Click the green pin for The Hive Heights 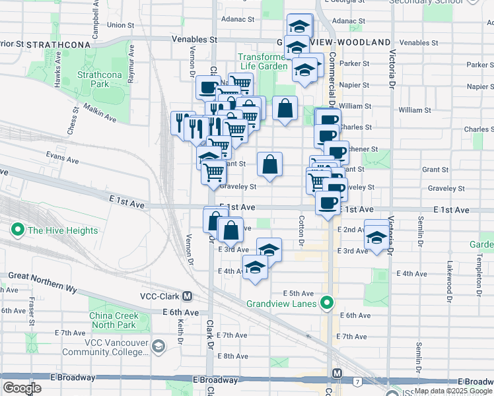click(17, 230)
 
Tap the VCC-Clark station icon click(188, 296)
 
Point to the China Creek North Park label click(113, 320)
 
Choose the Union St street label click(120, 26)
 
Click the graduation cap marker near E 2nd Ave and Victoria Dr click(377, 236)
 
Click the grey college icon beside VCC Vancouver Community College click(158, 346)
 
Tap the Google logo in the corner click(22, 388)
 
